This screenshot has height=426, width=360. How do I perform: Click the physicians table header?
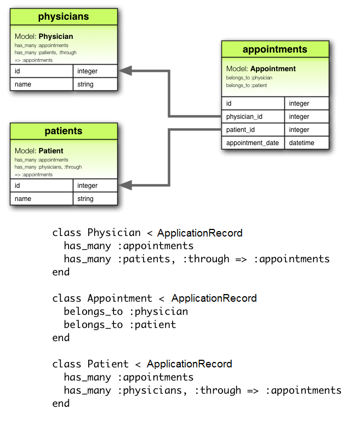tap(64, 16)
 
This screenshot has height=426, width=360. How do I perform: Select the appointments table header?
tap(275, 49)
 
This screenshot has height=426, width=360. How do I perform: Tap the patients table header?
tap(64, 131)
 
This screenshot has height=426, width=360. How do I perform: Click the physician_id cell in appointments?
tap(244, 117)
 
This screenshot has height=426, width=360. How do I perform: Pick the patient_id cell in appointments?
tap(241, 130)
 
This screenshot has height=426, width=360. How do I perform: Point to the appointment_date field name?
tap(252, 143)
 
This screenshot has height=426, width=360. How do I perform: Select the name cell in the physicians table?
tap(23, 84)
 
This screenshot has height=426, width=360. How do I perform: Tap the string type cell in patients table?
tap(85, 199)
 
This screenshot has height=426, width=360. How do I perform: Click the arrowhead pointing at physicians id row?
tap(124, 71)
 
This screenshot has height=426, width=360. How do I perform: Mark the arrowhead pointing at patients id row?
tap(124, 186)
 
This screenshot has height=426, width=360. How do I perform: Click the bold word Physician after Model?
tap(56, 37)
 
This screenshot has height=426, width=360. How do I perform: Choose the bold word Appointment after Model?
tap(273, 69)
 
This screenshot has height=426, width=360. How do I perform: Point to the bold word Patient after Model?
tap(51, 151)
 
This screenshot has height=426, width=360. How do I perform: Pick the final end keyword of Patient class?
tap(61, 404)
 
